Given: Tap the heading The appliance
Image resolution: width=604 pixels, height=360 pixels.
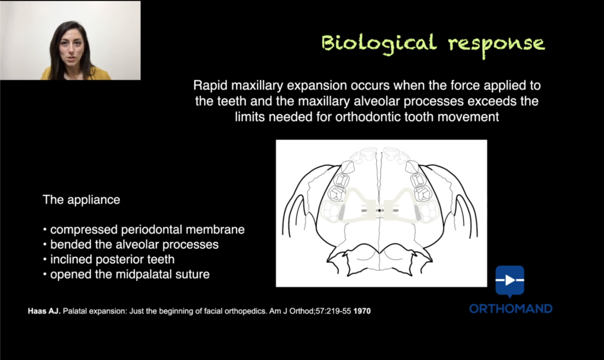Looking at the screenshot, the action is (81, 199).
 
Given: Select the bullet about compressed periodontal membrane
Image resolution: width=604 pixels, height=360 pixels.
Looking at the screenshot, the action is (144, 230).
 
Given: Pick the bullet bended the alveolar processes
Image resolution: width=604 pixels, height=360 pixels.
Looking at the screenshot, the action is (131, 244).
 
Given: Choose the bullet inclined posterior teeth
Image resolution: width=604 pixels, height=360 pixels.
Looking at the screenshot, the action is (109, 260).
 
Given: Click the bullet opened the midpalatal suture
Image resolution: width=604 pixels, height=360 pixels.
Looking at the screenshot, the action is (127, 274).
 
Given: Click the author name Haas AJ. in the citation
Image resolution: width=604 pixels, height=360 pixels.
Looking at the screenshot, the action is (44, 311).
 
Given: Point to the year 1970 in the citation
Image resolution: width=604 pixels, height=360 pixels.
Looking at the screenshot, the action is (362, 311).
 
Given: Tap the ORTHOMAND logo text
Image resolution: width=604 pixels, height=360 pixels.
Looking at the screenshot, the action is (511, 309).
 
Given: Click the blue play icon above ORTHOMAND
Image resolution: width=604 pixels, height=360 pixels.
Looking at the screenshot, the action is (510, 281).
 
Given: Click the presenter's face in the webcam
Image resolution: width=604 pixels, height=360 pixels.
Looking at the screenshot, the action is (71, 48).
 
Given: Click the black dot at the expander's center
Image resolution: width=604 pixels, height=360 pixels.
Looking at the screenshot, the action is (379, 211).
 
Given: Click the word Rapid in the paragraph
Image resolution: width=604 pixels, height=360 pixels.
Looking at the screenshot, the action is (211, 85).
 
